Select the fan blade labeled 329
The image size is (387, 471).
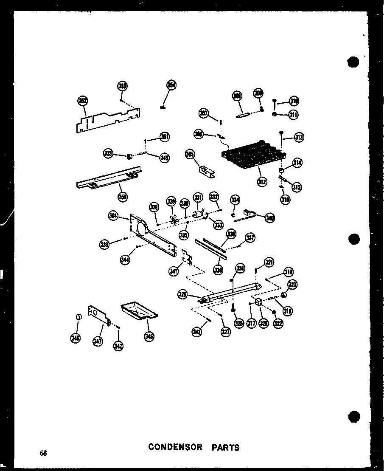pos(172,218)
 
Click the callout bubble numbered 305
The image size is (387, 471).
pos(190,154)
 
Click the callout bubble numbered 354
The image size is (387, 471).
pos(171,85)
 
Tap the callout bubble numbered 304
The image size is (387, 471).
pos(113,216)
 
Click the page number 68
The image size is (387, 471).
pos(43,453)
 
